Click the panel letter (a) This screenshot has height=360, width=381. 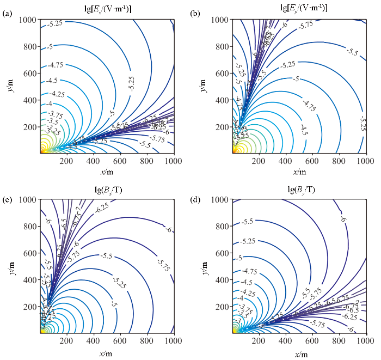[7, 14]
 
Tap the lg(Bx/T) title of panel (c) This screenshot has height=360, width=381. [108, 190]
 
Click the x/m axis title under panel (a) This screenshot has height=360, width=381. [107, 172]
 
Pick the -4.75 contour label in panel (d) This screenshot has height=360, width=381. [250, 271]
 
